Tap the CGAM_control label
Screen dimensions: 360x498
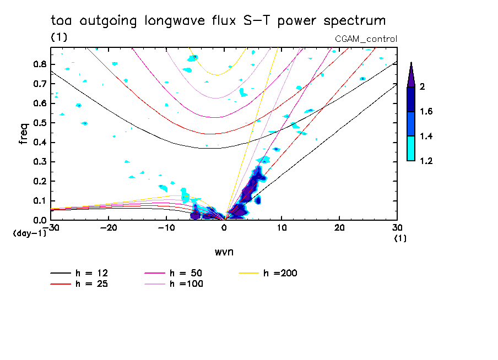(x=366, y=39)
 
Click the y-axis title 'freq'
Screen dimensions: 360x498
(x=23, y=134)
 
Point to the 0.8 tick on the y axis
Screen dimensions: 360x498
(x=39, y=64)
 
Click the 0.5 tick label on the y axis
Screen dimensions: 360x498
(x=39, y=122)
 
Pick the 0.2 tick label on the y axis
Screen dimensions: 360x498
(x=39, y=181)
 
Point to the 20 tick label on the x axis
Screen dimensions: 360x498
(x=339, y=227)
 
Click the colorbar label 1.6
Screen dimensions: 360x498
(x=426, y=112)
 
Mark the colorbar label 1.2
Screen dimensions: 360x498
(x=426, y=161)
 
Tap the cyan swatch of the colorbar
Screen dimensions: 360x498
(x=410, y=149)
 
